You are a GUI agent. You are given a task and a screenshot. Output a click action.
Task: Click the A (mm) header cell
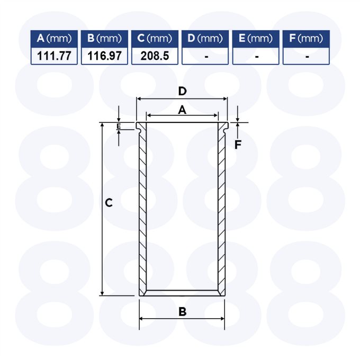tap(54, 39)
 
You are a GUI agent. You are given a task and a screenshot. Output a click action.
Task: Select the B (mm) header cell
tap(104, 39)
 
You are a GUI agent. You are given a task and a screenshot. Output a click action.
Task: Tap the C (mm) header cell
tap(155, 39)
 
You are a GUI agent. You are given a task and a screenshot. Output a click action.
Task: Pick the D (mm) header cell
tap(205, 39)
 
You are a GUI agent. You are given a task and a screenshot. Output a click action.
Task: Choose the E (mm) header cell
tap(256, 39)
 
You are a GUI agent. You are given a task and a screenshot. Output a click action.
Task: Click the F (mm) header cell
tap(307, 39)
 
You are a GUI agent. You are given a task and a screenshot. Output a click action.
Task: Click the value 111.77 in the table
tap(54, 56)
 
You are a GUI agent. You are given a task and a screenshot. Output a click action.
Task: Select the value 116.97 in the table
tap(104, 56)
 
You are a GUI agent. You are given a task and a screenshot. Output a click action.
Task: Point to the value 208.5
tap(155, 56)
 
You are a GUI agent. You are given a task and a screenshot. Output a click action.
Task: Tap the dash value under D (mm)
tap(206, 57)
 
